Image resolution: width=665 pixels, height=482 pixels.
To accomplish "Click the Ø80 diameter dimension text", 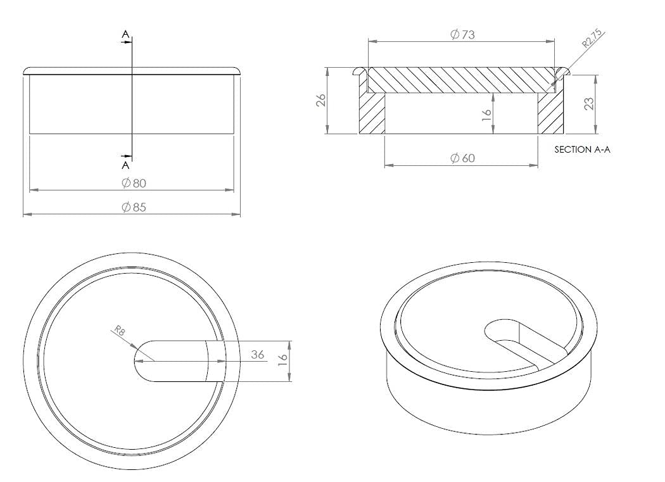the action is tap(134, 183).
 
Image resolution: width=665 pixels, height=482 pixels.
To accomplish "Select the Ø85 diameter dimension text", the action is tap(134, 208).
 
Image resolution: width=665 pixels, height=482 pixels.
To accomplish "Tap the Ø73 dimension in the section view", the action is tap(463, 34).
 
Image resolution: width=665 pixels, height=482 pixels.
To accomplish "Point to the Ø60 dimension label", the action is tap(463, 158).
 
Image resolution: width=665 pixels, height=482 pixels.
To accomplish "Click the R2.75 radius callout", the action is tap(592, 37).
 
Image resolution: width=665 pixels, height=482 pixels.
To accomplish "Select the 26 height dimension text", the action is tap(321, 99).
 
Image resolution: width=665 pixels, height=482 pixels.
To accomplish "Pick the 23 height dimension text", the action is tap(589, 104).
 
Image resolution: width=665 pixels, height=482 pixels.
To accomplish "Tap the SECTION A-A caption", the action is tap(582, 149).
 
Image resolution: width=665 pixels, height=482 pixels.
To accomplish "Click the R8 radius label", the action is tap(120, 331).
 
